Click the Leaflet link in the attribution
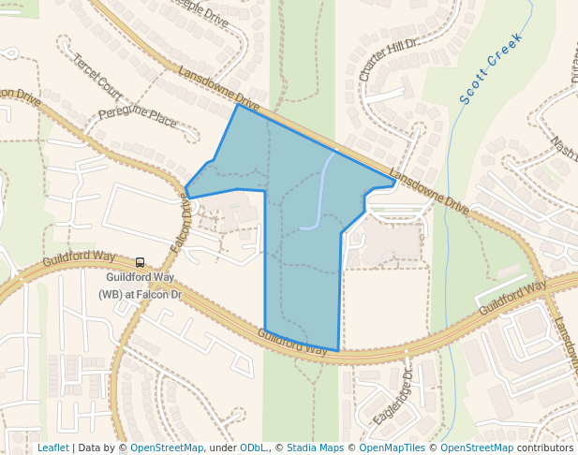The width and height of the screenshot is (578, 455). (52, 448)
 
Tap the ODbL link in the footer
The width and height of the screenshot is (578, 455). (252, 448)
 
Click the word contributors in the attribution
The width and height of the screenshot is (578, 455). (544, 448)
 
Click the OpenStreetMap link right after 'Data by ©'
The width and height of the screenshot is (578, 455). (167, 448)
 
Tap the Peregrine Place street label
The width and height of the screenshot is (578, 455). (137, 119)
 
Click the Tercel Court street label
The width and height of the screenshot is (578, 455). (96, 76)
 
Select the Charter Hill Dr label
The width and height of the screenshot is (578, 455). (387, 58)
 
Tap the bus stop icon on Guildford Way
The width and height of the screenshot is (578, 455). (140, 263)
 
